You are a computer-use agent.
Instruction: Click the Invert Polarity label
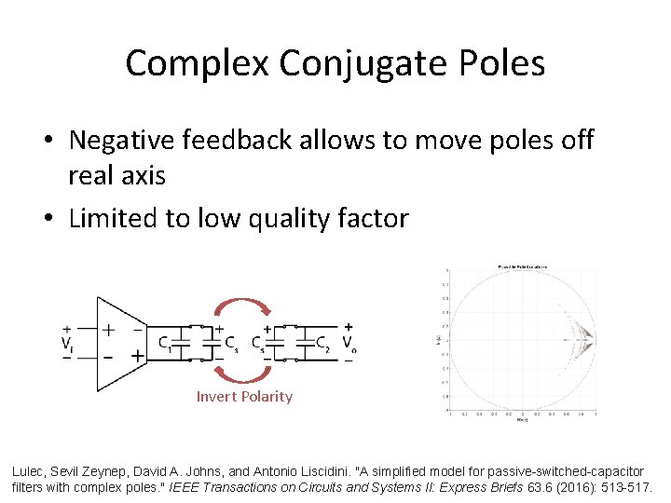pyautogui.click(x=244, y=397)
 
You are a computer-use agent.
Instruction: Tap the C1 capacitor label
pyautogui.click(x=165, y=343)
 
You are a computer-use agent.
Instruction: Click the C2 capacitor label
pyautogui.click(x=322, y=343)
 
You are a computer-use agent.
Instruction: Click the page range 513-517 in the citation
pyautogui.click(x=625, y=485)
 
